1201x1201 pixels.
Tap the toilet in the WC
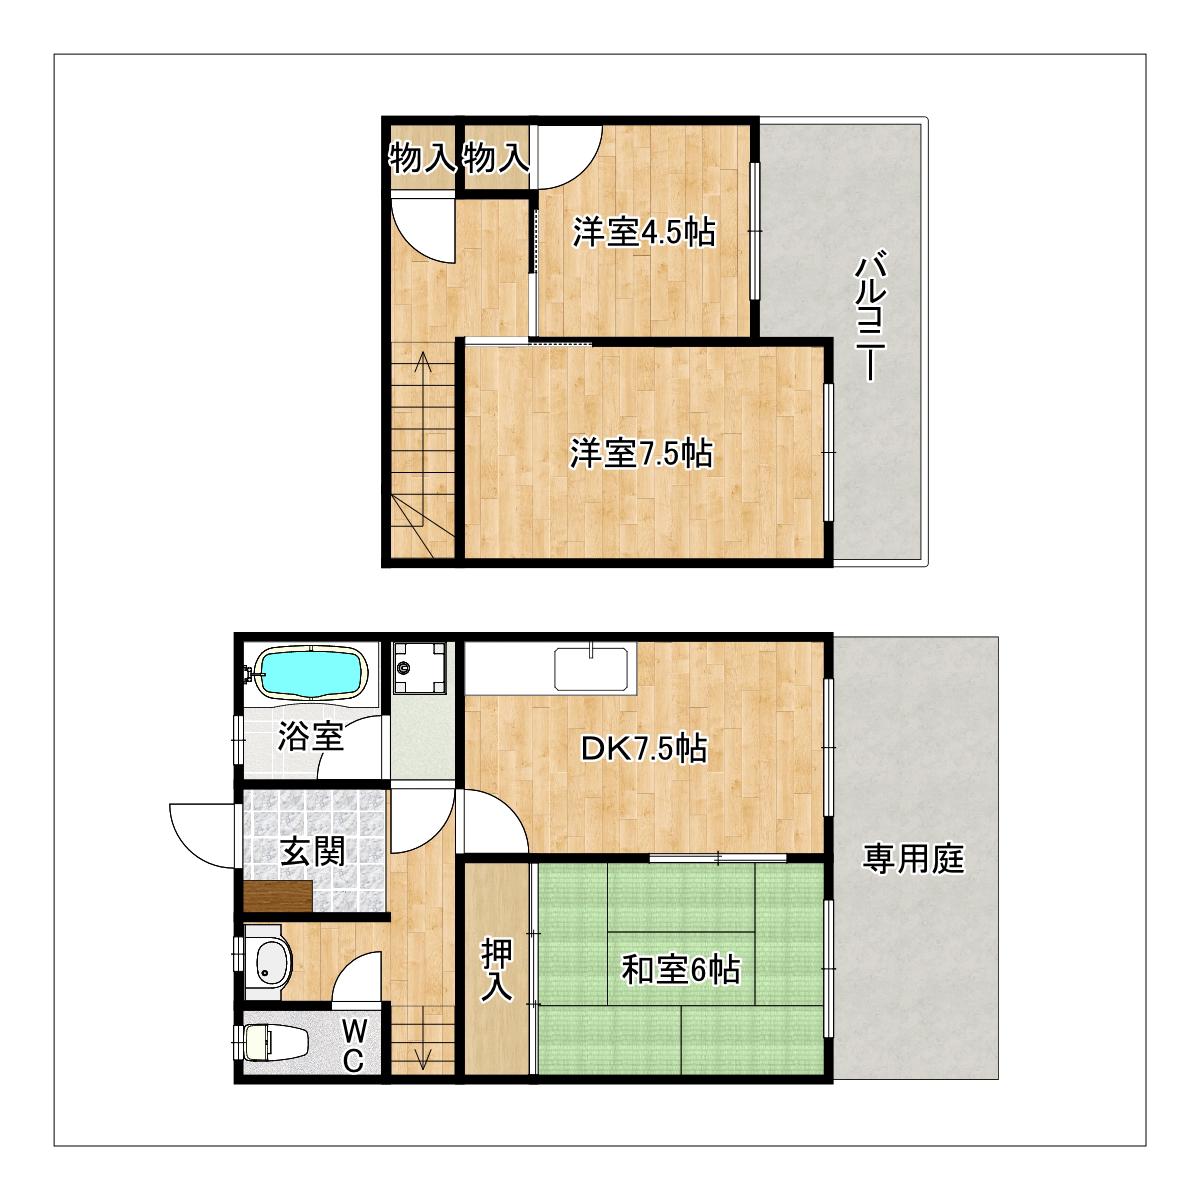pyautogui.click(x=276, y=1043)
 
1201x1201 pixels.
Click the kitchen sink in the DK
pyautogui.click(x=590, y=669)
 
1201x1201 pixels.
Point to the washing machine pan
pyautogui.click(x=419, y=667)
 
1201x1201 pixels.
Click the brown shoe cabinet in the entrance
pyautogui.click(x=278, y=897)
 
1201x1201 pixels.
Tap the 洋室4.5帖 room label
pyautogui.click(x=644, y=232)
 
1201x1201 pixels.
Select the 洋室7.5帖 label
pyautogui.click(x=641, y=453)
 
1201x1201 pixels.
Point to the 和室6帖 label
pyautogui.click(x=681, y=970)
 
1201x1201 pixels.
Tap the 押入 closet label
pyautogui.click(x=497, y=970)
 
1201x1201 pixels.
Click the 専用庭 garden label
pyautogui.click(x=914, y=859)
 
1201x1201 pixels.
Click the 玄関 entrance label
pyautogui.click(x=312, y=851)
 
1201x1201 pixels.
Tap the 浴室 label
pyautogui.click(x=310, y=735)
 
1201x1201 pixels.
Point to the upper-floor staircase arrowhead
pyautogui.click(x=423, y=360)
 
